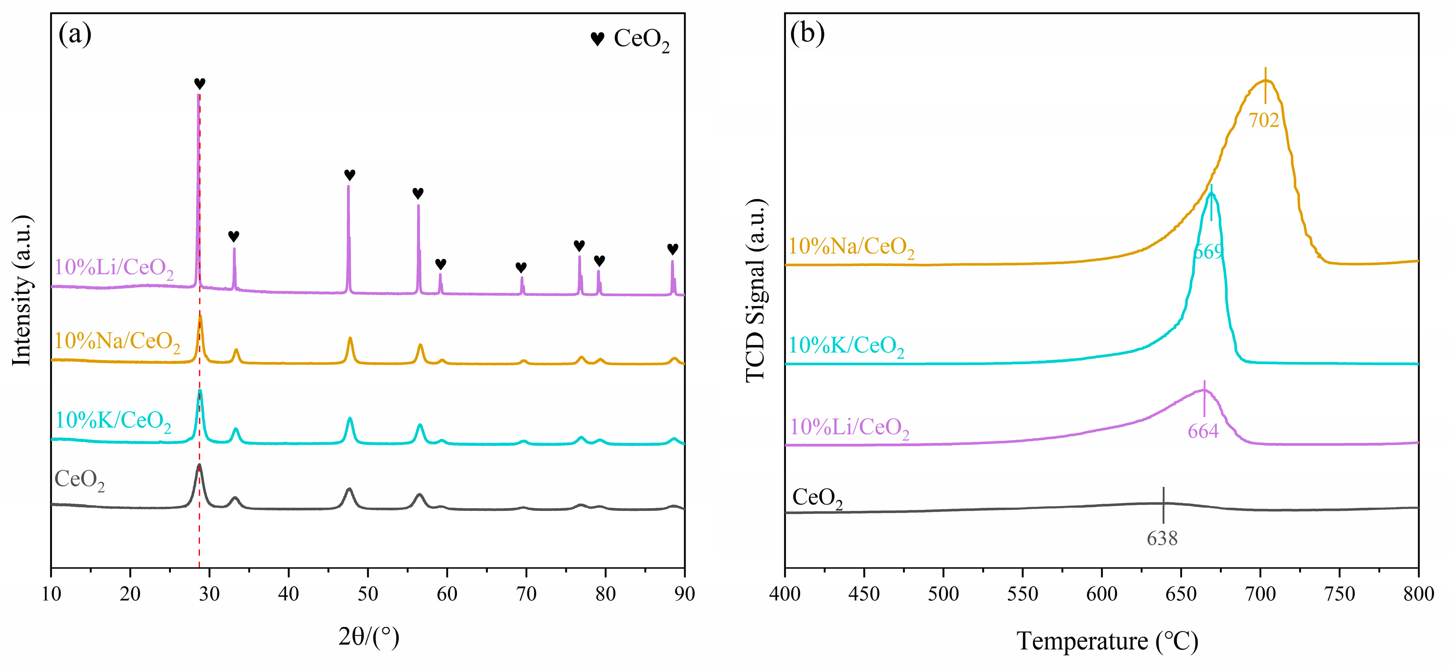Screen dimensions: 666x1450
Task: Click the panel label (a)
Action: click(75, 35)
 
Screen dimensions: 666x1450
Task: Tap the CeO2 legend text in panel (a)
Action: click(641, 39)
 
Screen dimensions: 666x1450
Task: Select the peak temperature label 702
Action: click(1263, 120)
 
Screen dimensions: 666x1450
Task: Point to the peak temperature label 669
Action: click(1208, 252)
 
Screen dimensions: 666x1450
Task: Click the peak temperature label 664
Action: click(1203, 431)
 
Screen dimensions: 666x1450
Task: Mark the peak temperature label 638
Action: click(1162, 539)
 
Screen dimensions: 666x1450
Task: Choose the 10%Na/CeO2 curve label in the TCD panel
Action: click(851, 247)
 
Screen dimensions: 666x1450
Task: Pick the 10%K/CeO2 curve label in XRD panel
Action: click(113, 421)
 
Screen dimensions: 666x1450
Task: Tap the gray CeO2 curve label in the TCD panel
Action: click(817, 498)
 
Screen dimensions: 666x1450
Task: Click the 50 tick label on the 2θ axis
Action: click(368, 594)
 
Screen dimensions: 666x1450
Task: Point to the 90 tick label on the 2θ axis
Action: click(684, 594)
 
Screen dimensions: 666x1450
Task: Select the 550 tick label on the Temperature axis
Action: click(1022, 594)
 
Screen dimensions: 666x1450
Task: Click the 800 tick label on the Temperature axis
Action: click(1418, 594)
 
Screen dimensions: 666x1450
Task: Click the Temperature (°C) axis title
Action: click(1107, 641)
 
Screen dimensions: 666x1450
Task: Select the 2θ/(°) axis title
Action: click(369, 637)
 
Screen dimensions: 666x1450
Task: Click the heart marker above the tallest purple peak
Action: click(199, 83)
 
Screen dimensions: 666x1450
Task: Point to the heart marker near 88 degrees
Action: click(672, 249)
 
